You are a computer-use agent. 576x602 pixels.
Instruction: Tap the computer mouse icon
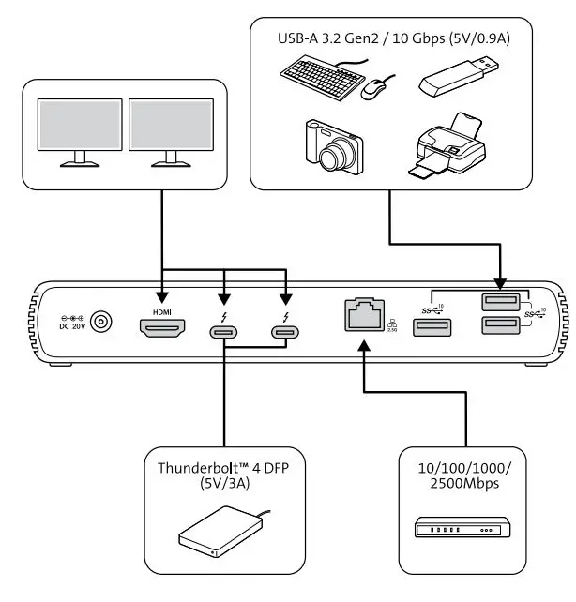(x=375, y=89)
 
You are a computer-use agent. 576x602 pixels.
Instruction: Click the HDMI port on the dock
(x=164, y=329)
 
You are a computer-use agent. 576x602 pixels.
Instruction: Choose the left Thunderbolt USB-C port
(x=224, y=331)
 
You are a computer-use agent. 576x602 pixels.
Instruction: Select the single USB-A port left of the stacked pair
(x=432, y=327)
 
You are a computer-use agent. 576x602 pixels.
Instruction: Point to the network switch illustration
(x=463, y=530)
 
